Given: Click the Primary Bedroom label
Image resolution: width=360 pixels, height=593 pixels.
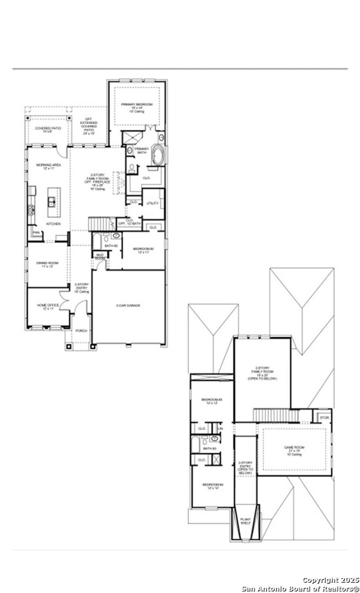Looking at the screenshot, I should coord(137,104).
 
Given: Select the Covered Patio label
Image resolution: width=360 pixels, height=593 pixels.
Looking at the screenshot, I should coord(48,128).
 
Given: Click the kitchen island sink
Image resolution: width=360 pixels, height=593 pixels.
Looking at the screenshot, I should coord(52,201).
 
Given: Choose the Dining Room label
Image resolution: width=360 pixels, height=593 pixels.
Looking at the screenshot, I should coord(47,263).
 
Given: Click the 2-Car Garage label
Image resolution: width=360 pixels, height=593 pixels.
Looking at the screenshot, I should coord(128,306).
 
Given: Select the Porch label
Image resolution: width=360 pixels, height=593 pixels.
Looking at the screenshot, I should coord(81,331).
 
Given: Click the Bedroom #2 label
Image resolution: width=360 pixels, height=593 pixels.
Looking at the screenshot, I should coord(143,249).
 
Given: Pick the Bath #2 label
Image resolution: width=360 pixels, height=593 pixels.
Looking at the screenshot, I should coord(110,246).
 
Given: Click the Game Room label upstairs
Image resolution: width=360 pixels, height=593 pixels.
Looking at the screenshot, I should coord(294,448).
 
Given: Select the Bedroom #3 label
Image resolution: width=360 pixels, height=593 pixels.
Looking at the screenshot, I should coord(212,400).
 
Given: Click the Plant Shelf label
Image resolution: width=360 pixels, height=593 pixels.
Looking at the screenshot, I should coord(245,521).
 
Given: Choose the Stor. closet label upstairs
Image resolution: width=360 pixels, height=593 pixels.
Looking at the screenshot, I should coord(324,418).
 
